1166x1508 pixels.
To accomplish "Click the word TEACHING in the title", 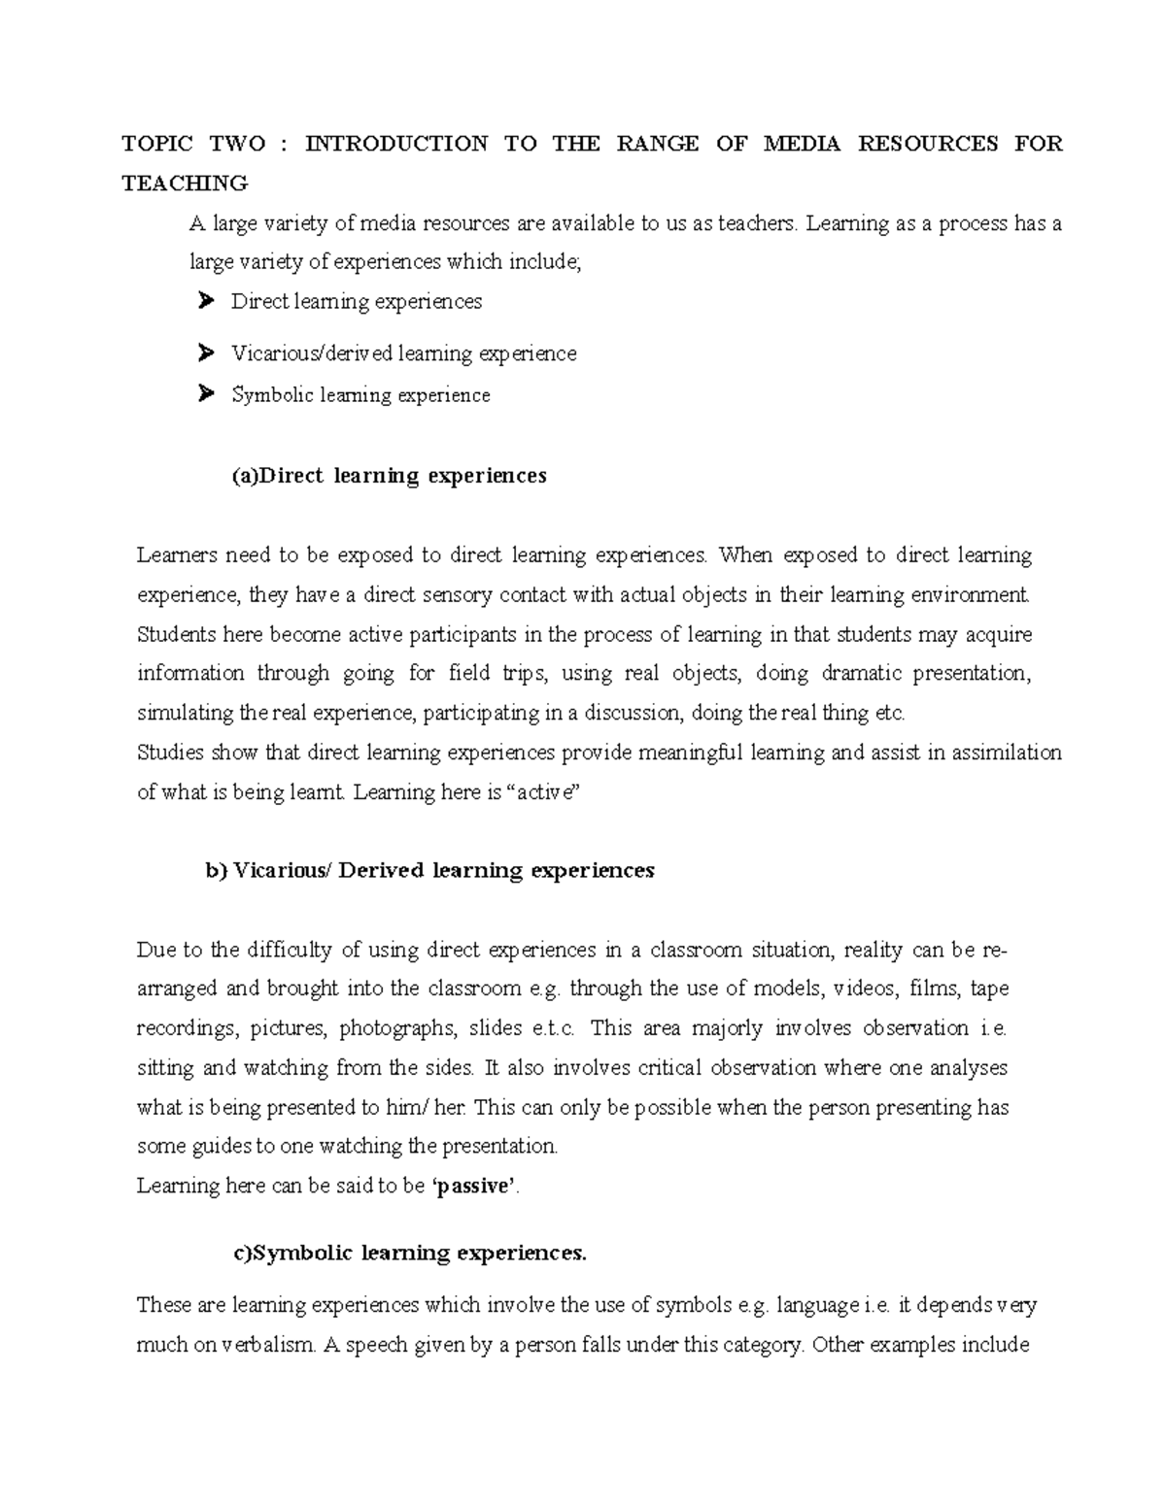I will (x=185, y=183).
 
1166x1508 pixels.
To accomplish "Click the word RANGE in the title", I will (x=657, y=144).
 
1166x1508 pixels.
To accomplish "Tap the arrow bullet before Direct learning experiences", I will (x=204, y=302).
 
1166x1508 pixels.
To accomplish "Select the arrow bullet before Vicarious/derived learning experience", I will (x=204, y=353).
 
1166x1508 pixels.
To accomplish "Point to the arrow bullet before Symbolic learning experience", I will (x=204, y=394).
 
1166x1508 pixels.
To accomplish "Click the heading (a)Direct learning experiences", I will (x=389, y=476).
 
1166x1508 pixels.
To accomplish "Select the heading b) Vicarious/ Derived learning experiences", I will (x=429, y=870).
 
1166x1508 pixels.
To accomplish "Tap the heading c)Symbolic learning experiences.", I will (x=410, y=1253).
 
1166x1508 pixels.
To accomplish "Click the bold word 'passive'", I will (x=474, y=1186).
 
